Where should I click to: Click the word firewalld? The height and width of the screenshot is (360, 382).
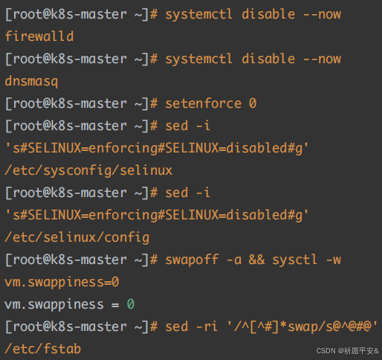point(39,36)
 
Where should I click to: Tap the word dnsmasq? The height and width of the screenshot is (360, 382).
point(31,81)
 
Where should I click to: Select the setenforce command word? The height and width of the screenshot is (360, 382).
point(203,103)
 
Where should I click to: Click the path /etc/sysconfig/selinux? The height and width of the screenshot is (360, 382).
point(88,170)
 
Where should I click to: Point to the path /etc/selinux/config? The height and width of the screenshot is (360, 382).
point(77,237)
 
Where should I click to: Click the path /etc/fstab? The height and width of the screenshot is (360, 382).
point(43,349)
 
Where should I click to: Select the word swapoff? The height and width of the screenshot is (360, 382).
point(192,260)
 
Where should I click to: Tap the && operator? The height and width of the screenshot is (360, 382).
point(256,260)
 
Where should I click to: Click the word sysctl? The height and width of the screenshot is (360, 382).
point(294,260)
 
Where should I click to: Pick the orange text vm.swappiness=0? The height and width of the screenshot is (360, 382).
point(62,282)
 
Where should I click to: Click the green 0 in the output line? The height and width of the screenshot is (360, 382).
point(131,304)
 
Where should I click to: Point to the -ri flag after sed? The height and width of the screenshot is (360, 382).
point(207,327)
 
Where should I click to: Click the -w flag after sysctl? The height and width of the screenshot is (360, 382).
point(334,260)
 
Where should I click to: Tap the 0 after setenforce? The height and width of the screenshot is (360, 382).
point(253,103)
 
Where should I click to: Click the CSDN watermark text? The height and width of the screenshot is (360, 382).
point(347,351)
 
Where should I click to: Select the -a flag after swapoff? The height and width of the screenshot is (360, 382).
point(234,260)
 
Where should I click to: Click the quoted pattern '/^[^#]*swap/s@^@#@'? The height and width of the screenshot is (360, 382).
point(302,327)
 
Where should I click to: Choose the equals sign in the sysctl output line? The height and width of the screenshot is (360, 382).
point(115,305)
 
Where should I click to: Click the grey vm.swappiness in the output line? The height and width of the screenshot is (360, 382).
point(54,304)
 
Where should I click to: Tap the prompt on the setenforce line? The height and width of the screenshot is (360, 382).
point(81,103)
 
